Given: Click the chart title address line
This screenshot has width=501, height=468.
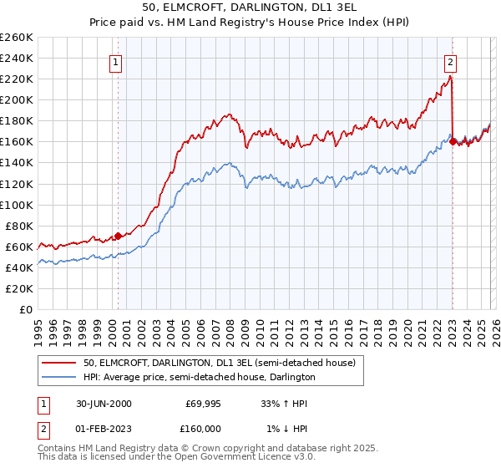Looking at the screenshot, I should [x=250, y=8].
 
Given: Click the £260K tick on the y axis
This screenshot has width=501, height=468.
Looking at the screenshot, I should [x=16, y=38].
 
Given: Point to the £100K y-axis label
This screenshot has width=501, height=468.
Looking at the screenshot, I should [x=16, y=205].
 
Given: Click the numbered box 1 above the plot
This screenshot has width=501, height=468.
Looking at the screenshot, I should [x=115, y=61].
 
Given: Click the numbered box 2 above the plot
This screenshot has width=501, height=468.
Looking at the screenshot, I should [x=450, y=61].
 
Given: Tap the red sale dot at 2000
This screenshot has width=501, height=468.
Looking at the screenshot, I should [x=118, y=236].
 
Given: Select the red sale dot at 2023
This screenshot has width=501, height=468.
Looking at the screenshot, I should [x=453, y=141].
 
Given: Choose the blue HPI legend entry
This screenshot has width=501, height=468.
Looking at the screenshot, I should [x=199, y=377].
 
